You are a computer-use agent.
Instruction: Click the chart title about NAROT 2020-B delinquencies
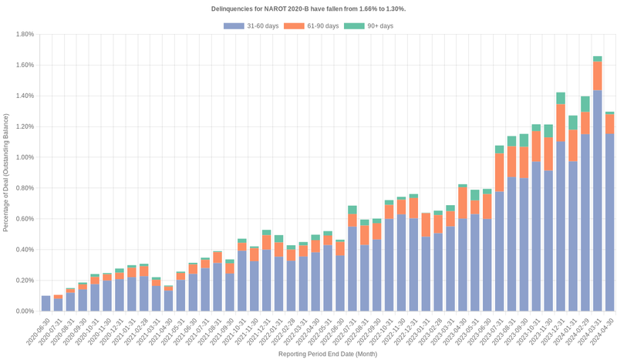pyautogui.click(x=308, y=8)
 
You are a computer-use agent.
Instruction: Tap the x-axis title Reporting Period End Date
pyautogui.click(x=327, y=354)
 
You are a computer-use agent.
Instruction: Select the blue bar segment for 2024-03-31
pyautogui.click(x=597, y=200)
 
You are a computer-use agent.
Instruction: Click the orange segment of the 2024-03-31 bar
pyautogui.click(x=597, y=76)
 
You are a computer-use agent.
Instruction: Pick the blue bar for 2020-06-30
pyautogui.click(x=46, y=303)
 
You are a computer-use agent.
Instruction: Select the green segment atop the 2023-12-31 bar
pyautogui.click(x=561, y=98)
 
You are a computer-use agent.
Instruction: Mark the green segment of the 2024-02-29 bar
pyautogui.click(x=585, y=104)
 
